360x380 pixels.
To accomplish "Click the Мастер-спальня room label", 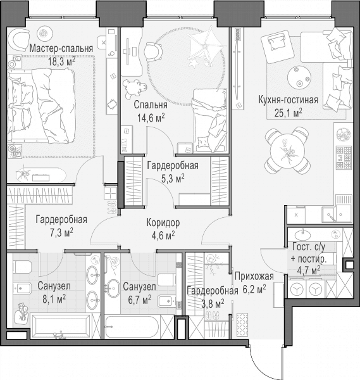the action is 61,49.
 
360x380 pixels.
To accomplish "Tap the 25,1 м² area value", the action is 288,113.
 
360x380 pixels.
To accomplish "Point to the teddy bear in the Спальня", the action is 134,89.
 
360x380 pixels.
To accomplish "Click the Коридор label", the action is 163,222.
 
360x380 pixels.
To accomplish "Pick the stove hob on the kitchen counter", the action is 344,158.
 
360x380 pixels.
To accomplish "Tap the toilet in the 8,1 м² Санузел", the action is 22,267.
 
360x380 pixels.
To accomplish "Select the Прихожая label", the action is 254,276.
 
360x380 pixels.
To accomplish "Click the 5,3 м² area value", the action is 173,179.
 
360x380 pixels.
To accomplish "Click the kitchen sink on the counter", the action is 329,215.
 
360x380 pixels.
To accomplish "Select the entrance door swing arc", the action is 259,369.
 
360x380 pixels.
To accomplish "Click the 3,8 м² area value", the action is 213,303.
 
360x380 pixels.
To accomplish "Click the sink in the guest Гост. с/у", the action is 302,234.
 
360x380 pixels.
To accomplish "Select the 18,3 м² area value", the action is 61,62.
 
